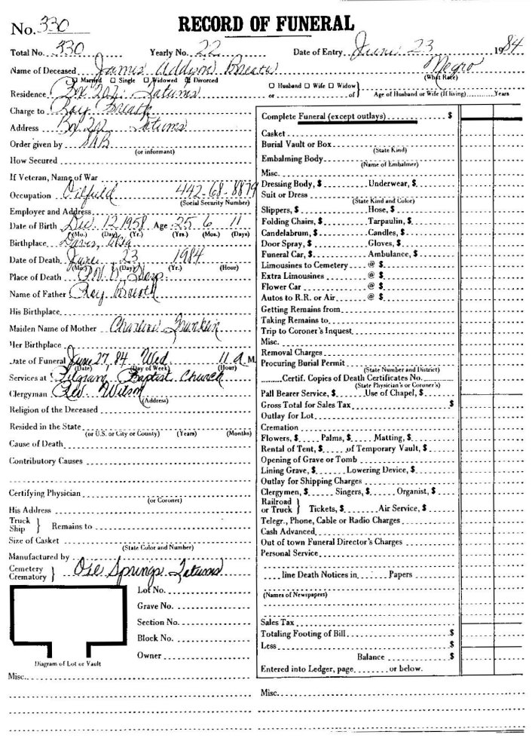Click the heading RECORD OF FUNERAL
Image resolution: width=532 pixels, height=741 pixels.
point(265,24)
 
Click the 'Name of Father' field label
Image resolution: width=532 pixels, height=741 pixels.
point(37,293)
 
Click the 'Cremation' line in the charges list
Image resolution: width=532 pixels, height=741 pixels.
point(279,426)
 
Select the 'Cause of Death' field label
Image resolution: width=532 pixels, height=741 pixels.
point(38,443)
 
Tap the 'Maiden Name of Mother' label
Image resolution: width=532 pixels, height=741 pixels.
point(50,328)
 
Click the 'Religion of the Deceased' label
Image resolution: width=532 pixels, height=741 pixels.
point(55,410)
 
